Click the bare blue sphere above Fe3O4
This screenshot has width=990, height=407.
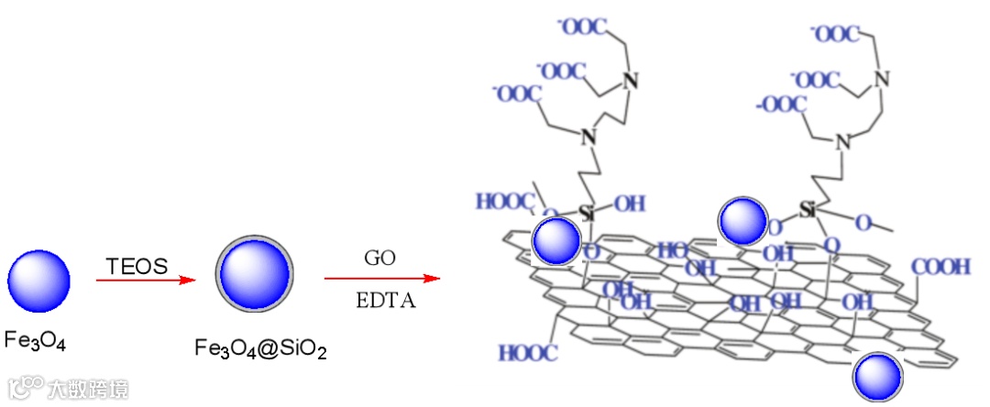38,281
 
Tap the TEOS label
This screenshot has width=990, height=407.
137,267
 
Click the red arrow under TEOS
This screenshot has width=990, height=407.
147,280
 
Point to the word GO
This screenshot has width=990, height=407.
379,258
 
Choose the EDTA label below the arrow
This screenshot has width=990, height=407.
386,300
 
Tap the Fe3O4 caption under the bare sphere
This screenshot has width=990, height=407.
35,341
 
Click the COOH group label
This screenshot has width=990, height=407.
940,267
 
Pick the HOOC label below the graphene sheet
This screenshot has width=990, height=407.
528,353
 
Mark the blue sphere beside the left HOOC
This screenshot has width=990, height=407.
556,241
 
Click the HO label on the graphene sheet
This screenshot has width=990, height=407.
672,249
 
